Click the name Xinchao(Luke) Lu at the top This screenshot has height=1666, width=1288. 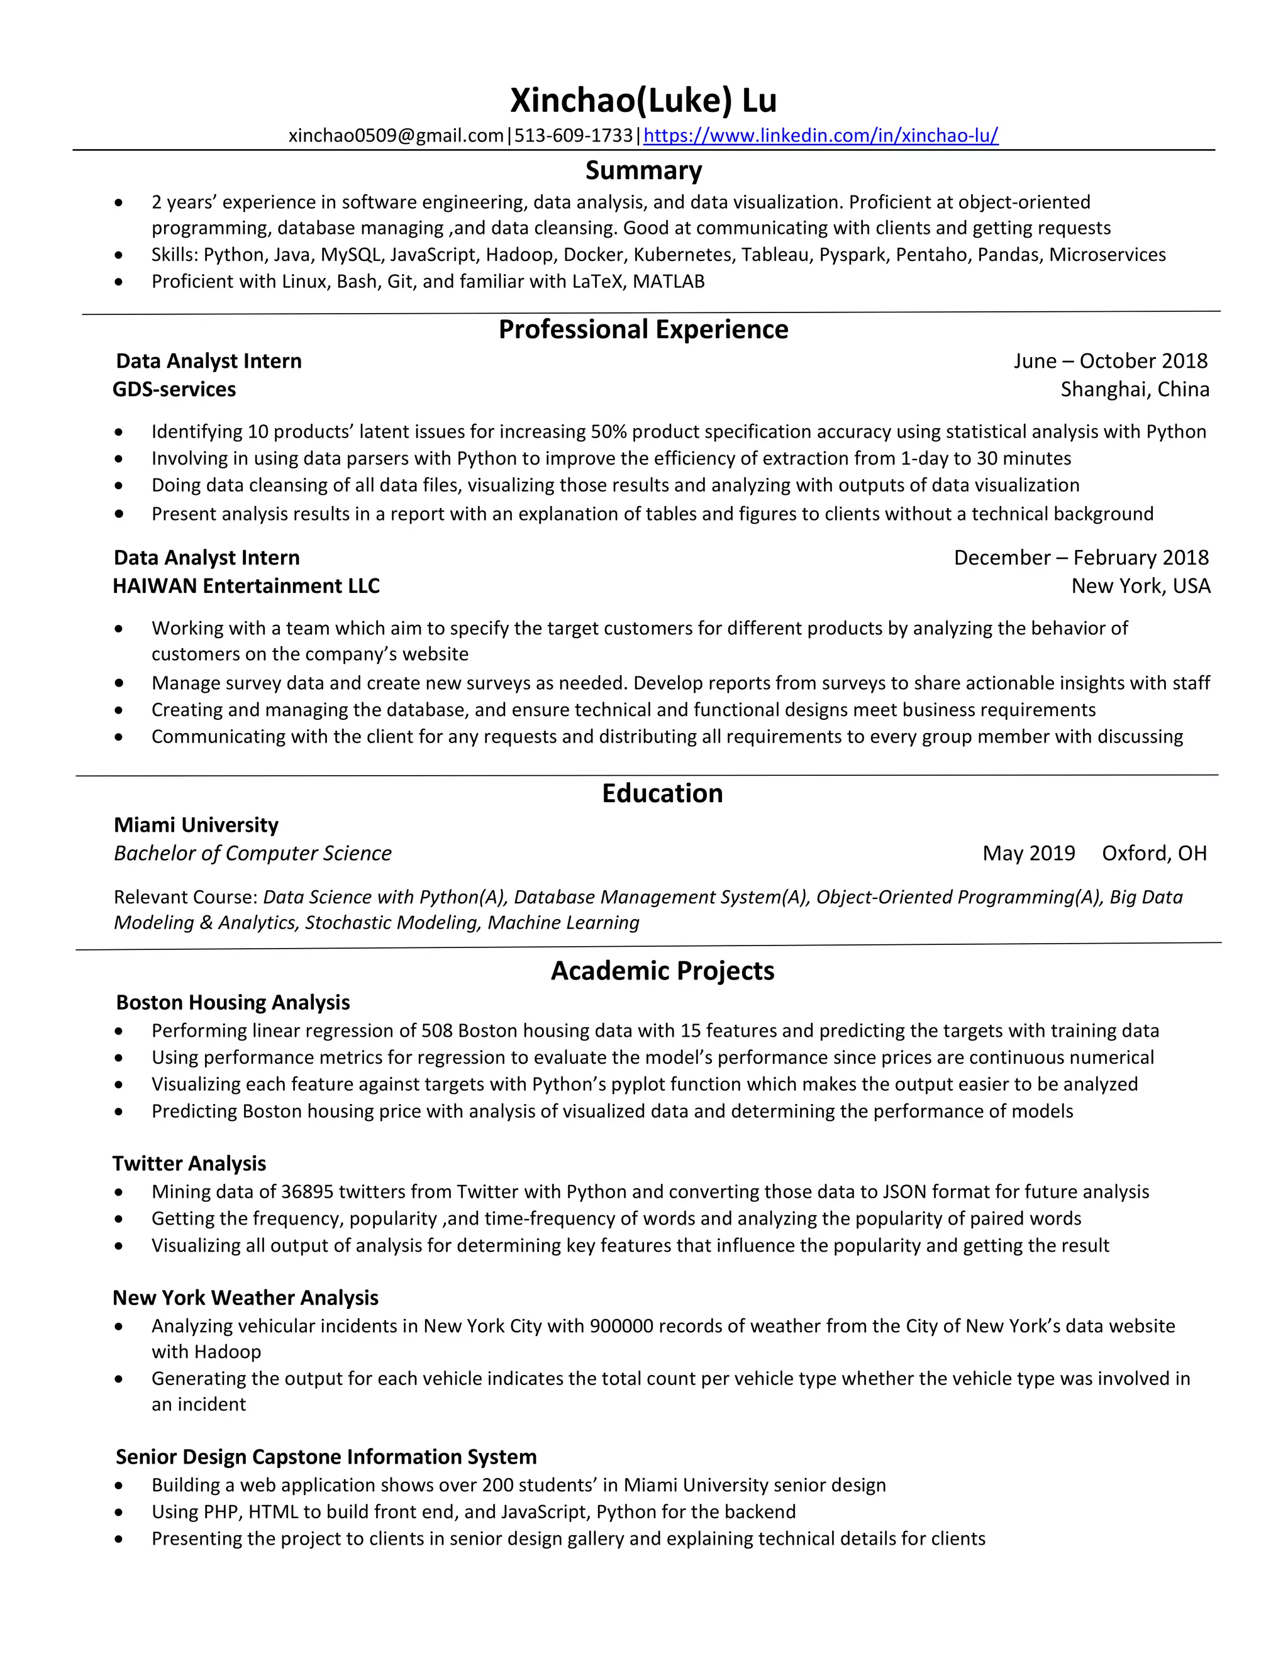point(643,100)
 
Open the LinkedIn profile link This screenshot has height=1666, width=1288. point(820,136)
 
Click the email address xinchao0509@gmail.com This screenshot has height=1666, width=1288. point(396,136)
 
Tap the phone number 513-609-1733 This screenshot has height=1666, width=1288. point(573,136)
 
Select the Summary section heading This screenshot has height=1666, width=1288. point(643,170)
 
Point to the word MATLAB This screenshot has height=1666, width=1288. point(669,282)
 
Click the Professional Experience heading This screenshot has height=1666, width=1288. point(643,329)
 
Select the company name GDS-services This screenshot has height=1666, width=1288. point(174,389)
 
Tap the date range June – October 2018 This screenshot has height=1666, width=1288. point(1110,361)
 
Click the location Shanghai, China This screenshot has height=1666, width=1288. point(1135,389)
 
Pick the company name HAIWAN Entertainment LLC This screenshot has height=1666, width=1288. point(246,586)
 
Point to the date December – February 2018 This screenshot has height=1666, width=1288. point(1080,558)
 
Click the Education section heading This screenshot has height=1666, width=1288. point(662,793)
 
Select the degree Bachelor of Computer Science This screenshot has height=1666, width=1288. point(253,853)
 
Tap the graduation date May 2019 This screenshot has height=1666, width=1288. point(1028,853)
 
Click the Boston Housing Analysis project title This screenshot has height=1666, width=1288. point(233,1002)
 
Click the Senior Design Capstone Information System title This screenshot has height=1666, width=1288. point(326,1457)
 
